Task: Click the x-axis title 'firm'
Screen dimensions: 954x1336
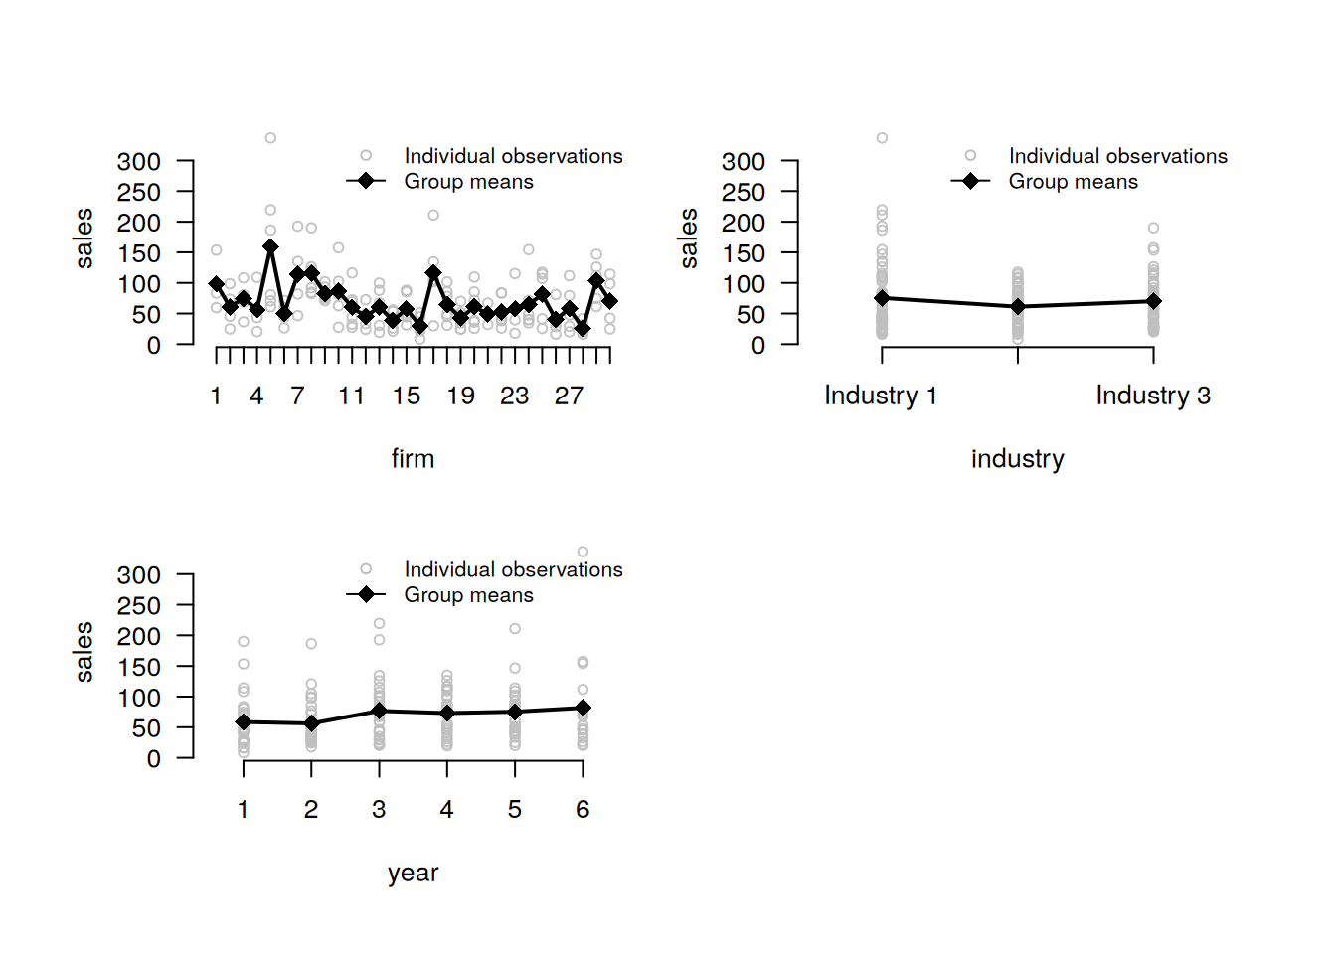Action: pyautogui.click(x=413, y=459)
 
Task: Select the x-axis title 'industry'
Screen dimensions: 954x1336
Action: pyautogui.click(x=1017, y=459)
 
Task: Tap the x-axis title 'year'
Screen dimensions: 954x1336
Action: pyautogui.click(x=413, y=873)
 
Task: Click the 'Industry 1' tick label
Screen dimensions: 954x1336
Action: pyautogui.click(x=881, y=396)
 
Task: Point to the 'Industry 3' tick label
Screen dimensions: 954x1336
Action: pyautogui.click(x=1153, y=396)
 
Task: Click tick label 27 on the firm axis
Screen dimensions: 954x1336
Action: pyautogui.click(x=569, y=396)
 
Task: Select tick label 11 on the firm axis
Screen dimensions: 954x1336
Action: pyautogui.click(x=351, y=396)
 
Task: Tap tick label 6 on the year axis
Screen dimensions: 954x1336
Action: pyautogui.click(x=583, y=810)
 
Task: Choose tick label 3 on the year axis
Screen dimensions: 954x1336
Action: pyautogui.click(x=379, y=810)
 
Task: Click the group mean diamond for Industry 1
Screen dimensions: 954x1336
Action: pyautogui.click(x=882, y=298)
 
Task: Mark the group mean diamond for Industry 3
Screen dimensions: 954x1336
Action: pyautogui.click(x=1153, y=301)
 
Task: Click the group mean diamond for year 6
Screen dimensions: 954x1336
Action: pyautogui.click(x=583, y=708)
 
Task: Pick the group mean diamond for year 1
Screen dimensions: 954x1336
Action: pyautogui.click(x=244, y=722)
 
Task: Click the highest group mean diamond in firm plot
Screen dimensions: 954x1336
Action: pyautogui.click(x=270, y=246)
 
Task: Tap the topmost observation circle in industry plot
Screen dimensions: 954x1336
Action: pyautogui.click(x=882, y=138)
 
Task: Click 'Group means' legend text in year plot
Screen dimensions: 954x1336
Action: pyautogui.click(x=468, y=595)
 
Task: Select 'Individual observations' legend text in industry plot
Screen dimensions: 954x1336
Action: pyautogui.click(x=1117, y=156)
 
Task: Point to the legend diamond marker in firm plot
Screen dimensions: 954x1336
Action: pyautogui.click(x=366, y=181)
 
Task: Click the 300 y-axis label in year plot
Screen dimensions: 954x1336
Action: pyautogui.click(x=138, y=575)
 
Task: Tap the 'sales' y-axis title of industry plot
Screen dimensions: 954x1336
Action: pyautogui.click(x=688, y=238)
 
